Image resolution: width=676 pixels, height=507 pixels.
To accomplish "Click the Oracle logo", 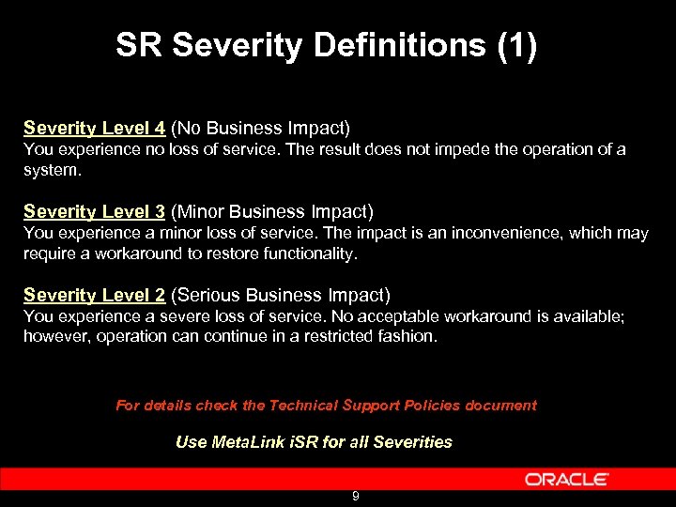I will (x=566, y=479).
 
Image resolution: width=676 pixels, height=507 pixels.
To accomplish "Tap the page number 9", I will (x=356, y=497).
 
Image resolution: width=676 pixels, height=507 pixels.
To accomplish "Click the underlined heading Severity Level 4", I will (x=94, y=128).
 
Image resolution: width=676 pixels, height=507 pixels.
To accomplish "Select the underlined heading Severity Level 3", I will (x=94, y=211).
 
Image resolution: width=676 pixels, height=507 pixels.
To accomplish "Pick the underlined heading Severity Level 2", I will (x=94, y=295).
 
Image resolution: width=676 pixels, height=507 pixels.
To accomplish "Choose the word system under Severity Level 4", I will (x=51, y=169).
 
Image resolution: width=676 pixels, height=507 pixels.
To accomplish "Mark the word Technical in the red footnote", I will (x=303, y=406).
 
